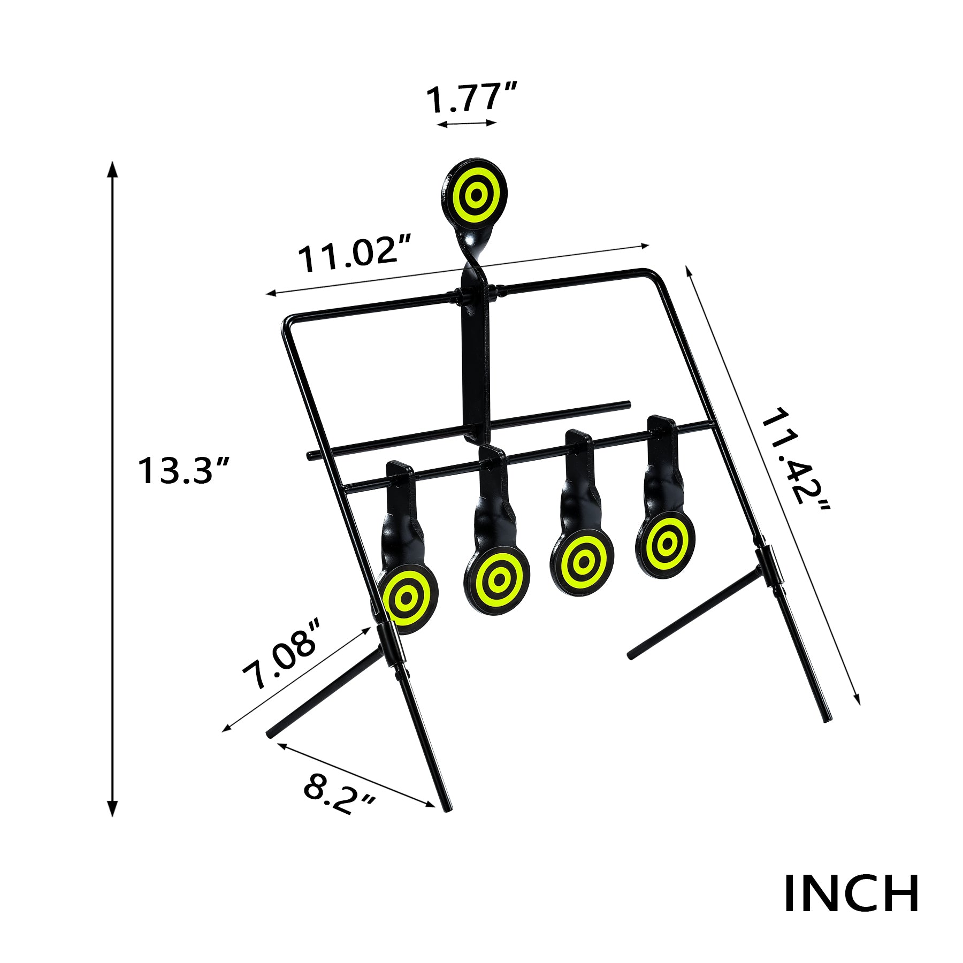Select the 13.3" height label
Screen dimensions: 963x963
tap(184, 471)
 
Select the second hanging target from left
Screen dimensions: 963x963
tap(497, 579)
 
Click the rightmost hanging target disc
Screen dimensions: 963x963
tap(666, 545)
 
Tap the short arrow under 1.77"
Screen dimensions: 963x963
tap(467, 124)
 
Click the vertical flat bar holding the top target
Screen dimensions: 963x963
tap(475, 364)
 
